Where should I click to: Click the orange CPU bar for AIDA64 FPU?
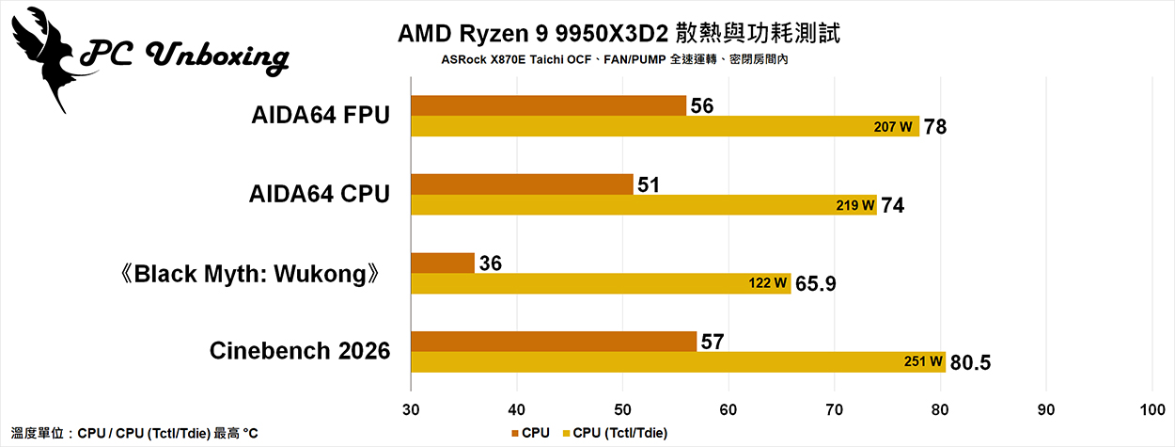click(x=548, y=105)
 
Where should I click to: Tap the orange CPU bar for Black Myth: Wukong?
click(x=442, y=263)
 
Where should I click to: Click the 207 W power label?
click(x=893, y=126)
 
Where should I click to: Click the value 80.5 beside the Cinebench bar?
click(x=970, y=361)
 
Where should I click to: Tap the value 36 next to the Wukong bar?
click(x=490, y=263)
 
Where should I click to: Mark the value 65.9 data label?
click(x=817, y=283)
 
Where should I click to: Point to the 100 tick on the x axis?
click(x=1151, y=410)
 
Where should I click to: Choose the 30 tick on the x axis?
click(x=411, y=410)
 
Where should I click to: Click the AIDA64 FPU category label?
click(x=321, y=116)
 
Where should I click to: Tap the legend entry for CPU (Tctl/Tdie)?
click(x=619, y=433)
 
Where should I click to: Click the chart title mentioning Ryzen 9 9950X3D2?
click(x=619, y=35)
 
